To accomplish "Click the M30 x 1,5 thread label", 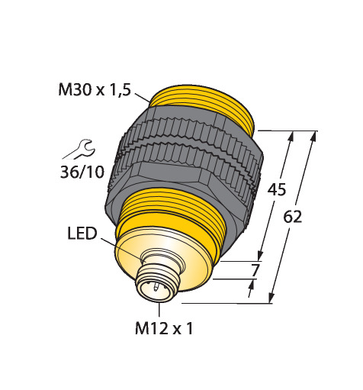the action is point(95,90).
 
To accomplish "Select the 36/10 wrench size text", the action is point(82,172).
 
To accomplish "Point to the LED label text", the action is point(82,234).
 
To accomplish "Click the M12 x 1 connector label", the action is point(164,328).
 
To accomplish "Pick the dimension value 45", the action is point(277,189).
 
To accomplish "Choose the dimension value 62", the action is point(293,217).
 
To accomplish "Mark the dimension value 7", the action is point(255,270).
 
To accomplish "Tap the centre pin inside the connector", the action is point(155,287).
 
